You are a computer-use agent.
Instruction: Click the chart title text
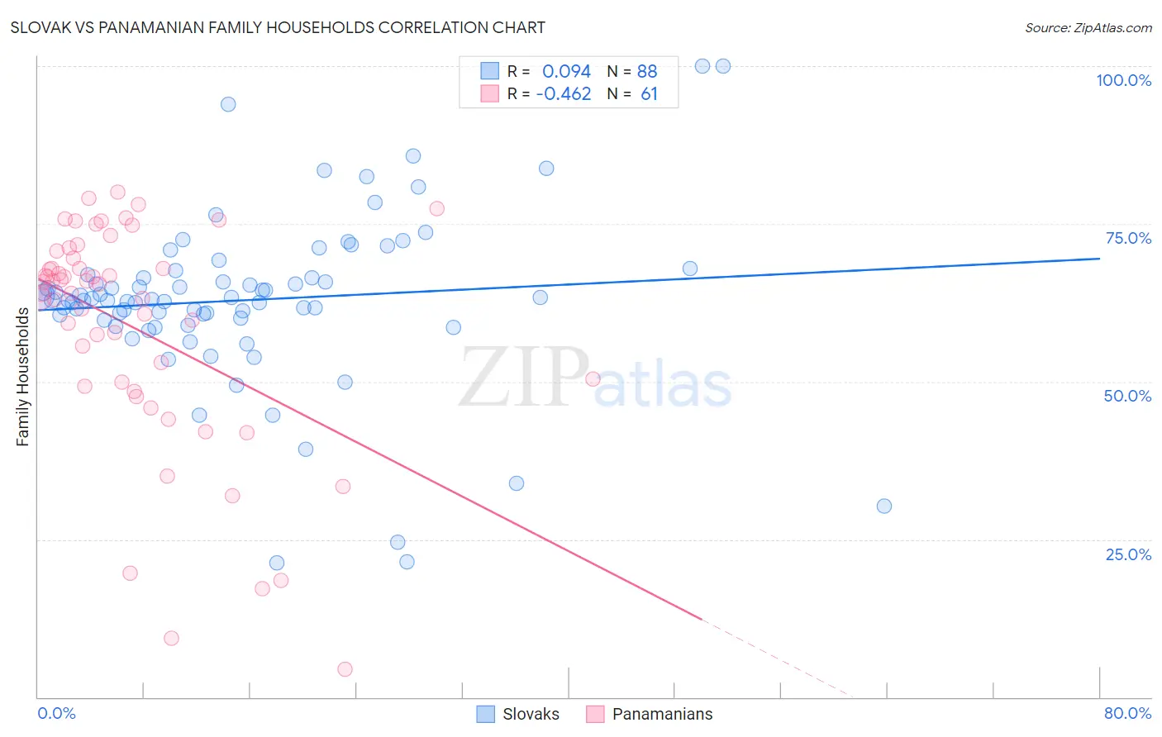(x=278, y=27)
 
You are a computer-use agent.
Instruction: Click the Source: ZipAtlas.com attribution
(x=1088, y=28)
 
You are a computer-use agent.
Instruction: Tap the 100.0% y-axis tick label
(x=1123, y=80)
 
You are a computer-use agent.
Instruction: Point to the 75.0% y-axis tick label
(x=1128, y=238)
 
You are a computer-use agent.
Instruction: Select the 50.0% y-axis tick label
(x=1127, y=396)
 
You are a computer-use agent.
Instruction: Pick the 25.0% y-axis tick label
(x=1128, y=554)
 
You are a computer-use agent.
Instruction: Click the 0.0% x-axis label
(x=56, y=713)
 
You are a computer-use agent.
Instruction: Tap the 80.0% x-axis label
(x=1127, y=713)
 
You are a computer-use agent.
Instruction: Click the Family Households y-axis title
(x=22, y=377)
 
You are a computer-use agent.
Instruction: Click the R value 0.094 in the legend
(x=566, y=71)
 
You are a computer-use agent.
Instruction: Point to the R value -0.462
(x=564, y=94)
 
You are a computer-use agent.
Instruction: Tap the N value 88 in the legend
(x=647, y=71)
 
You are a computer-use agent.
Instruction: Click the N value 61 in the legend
(x=649, y=94)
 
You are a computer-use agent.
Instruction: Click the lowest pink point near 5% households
(x=345, y=669)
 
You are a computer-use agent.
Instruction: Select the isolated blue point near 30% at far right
(x=884, y=506)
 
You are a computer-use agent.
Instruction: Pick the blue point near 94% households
(x=228, y=104)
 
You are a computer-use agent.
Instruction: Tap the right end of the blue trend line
(x=1099, y=259)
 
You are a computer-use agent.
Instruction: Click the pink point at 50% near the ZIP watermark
(x=593, y=379)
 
